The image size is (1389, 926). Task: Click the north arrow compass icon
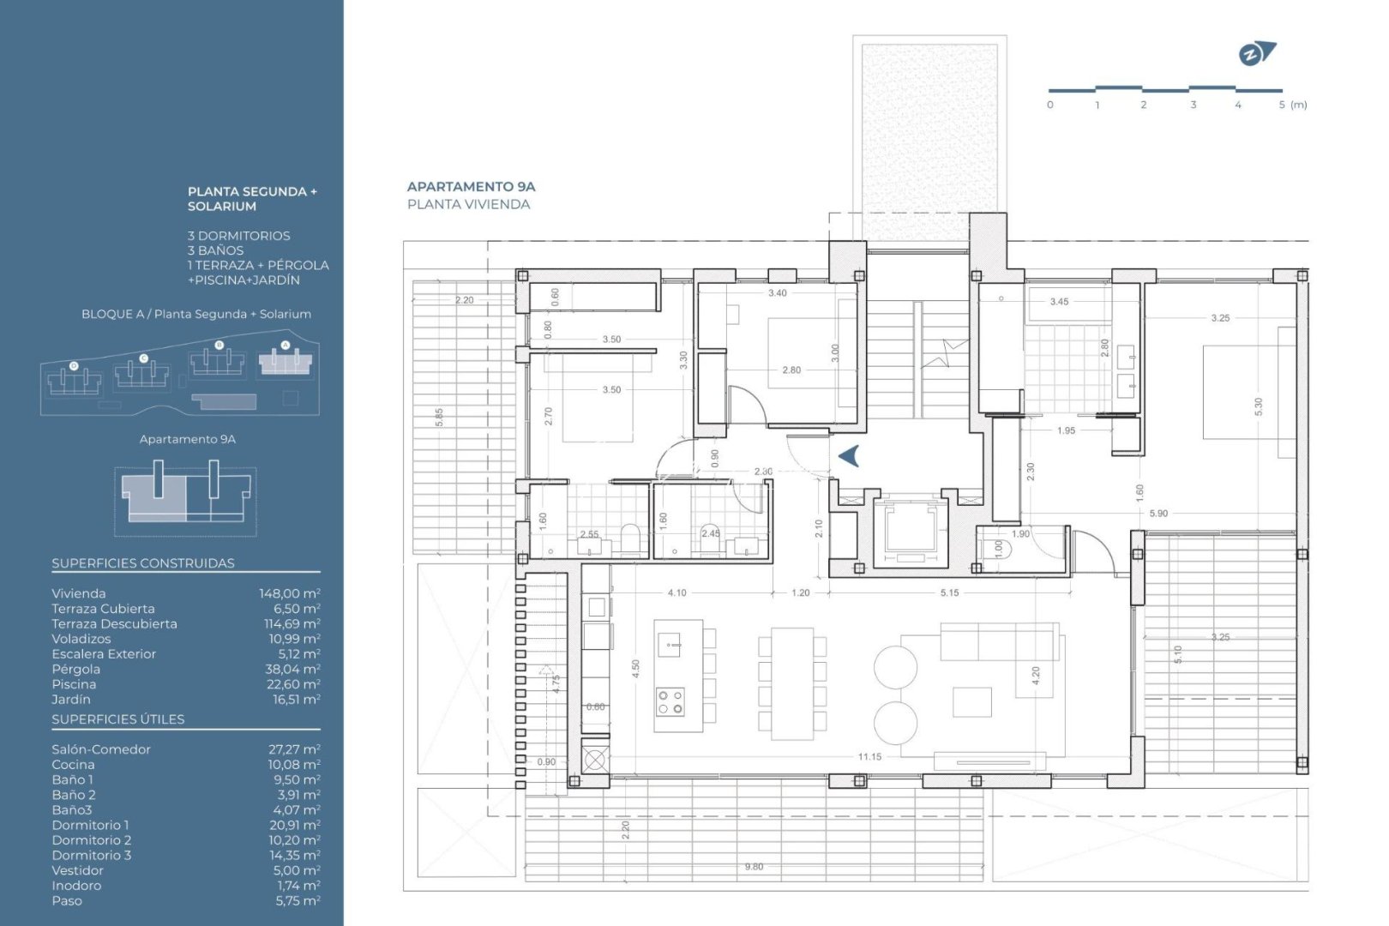click(x=1256, y=54)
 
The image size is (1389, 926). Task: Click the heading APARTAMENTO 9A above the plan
click(x=471, y=186)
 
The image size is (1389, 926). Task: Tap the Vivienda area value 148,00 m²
click(x=290, y=593)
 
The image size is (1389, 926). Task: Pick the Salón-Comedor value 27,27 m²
click(x=294, y=749)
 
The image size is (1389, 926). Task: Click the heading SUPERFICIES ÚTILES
click(x=118, y=719)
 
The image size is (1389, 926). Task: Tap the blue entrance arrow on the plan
click(x=848, y=456)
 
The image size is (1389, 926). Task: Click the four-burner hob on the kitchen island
click(x=670, y=702)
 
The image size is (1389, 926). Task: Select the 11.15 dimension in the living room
click(x=869, y=756)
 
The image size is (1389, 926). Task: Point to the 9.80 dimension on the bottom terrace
click(x=754, y=867)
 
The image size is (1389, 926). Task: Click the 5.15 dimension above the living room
click(x=949, y=592)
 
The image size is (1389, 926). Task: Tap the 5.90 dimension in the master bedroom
click(x=1158, y=514)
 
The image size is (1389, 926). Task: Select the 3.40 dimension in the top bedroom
click(x=777, y=293)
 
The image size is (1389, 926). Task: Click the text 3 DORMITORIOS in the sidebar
click(x=239, y=236)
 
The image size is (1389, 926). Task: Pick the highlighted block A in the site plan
click(x=286, y=362)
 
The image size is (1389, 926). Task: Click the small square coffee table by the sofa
click(x=971, y=701)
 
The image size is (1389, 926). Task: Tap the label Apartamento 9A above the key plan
click(x=188, y=439)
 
